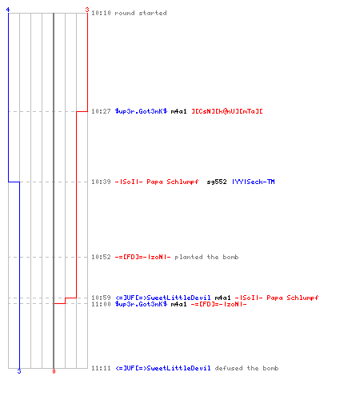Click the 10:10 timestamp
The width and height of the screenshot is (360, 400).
(101, 13)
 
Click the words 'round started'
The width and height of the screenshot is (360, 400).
(141, 13)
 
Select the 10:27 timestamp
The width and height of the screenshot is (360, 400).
(101, 111)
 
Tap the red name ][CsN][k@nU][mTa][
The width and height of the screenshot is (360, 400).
(227, 111)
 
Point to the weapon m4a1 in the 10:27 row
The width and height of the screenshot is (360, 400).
(178, 111)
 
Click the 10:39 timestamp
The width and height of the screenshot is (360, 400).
(101, 182)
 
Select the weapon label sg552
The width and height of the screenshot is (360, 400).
(217, 182)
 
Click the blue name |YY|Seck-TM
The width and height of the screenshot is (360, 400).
(254, 182)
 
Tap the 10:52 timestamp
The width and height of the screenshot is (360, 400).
(101, 257)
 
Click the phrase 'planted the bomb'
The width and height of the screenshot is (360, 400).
(206, 257)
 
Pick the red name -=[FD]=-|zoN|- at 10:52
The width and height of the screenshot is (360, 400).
(142, 257)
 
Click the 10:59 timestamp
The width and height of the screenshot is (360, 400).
(101, 298)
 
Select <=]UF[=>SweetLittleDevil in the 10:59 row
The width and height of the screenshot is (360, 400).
(163, 298)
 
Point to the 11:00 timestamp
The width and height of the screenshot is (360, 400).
(101, 304)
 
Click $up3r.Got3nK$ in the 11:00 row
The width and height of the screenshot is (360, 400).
(141, 304)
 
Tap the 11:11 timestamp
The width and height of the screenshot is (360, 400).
(101, 368)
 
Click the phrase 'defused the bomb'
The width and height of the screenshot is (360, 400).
(246, 368)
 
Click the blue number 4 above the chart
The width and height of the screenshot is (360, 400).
(8, 10)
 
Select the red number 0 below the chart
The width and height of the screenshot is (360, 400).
(54, 371)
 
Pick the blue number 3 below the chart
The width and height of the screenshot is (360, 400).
(19, 371)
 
